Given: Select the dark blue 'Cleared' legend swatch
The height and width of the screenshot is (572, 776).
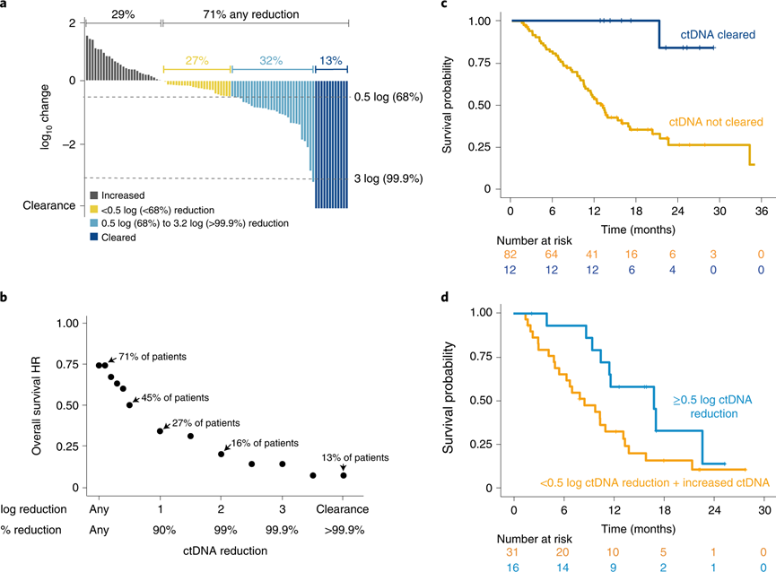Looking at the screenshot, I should click(94, 238).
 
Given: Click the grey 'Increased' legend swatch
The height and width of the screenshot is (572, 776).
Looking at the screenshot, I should click(94, 193).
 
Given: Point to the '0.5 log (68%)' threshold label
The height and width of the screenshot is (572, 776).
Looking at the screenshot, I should click(394, 97).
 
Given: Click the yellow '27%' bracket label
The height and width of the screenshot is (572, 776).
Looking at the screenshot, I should click(196, 59).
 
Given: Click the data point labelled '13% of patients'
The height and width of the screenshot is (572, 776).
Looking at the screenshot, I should click(343, 475).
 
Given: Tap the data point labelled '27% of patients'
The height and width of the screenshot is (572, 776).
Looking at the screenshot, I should click(160, 431).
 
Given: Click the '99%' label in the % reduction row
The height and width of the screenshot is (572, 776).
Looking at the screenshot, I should click(221, 530).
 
